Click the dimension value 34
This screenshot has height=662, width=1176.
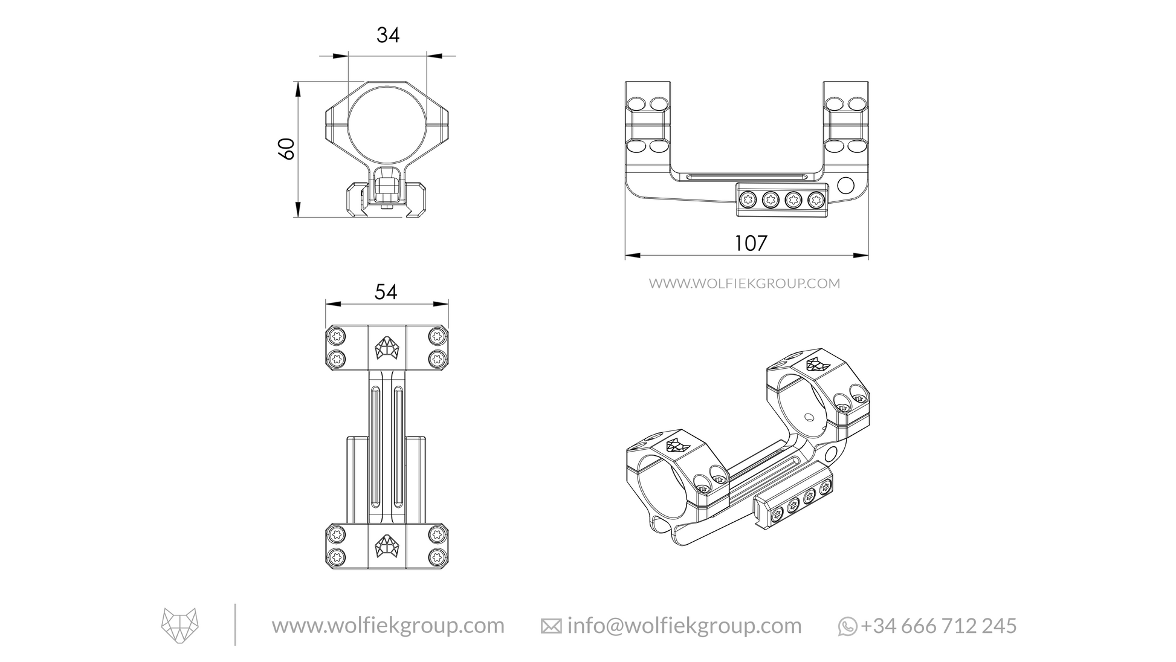(388, 36)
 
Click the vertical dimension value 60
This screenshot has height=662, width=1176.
(286, 149)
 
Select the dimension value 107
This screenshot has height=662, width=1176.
(751, 243)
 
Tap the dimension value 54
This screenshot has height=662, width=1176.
(386, 292)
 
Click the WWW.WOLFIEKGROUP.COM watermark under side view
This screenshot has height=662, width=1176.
(745, 284)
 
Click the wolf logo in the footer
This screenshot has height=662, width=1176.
(180, 625)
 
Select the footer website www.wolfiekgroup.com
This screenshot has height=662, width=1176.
(388, 625)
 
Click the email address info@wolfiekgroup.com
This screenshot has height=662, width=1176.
(684, 626)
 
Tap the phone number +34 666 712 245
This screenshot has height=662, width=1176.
(939, 626)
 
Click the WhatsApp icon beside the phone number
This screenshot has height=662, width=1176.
(847, 626)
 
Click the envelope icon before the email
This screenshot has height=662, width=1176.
(551, 627)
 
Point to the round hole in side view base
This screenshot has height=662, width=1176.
(847, 184)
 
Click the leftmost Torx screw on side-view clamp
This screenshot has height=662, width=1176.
(748, 199)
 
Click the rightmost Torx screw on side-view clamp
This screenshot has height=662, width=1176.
(816, 199)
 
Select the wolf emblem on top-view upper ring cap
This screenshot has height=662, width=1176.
(387, 348)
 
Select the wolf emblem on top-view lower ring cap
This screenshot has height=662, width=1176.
(387, 545)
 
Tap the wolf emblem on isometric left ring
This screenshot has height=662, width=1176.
(677, 445)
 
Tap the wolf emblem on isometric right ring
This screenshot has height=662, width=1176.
(817, 364)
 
